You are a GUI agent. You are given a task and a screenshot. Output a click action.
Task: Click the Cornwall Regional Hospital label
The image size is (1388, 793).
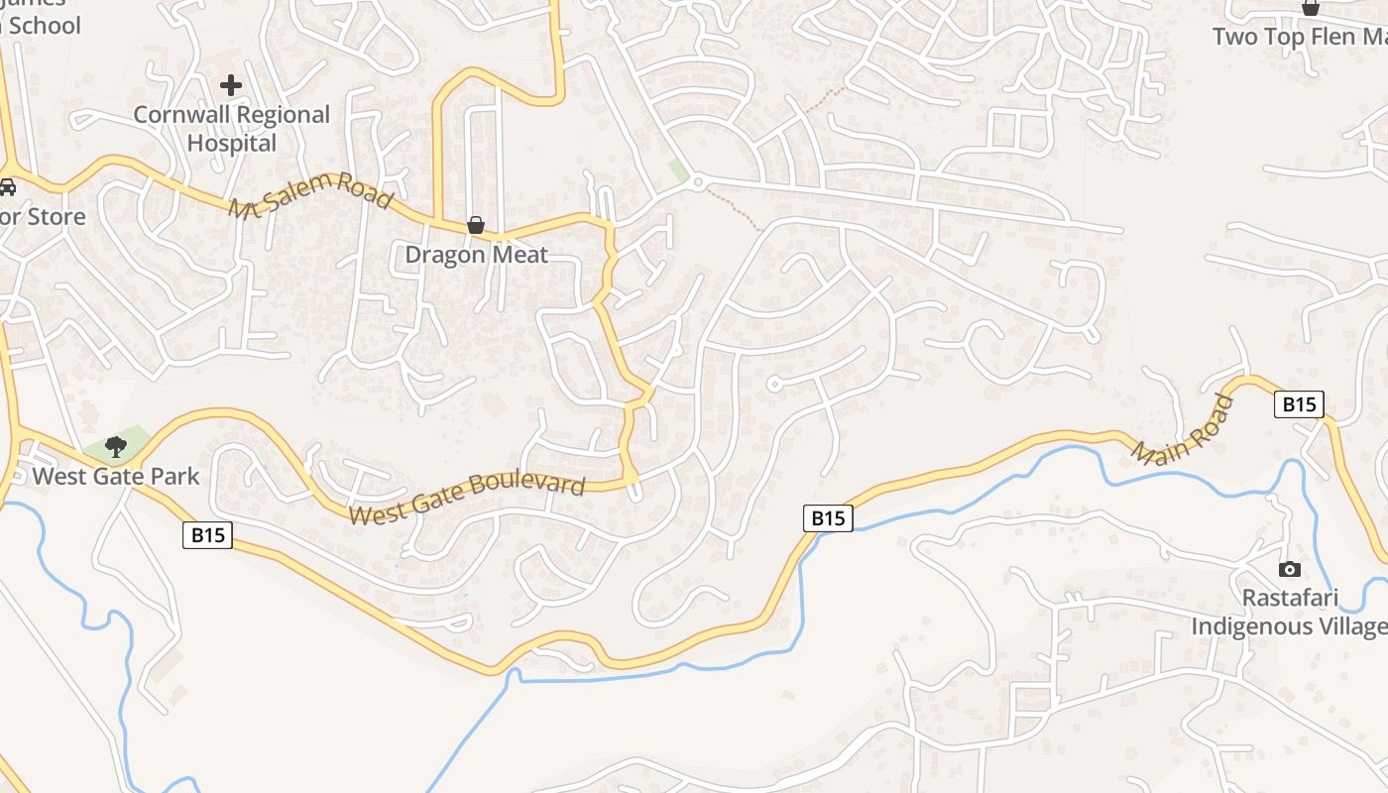pos(231,129)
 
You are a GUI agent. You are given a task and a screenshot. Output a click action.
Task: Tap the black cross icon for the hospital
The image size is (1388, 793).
pos(231,85)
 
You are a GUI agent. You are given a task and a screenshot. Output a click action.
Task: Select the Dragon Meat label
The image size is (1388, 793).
pos(476,255)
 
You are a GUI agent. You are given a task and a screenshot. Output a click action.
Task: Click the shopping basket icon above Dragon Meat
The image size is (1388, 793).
pos(476,225)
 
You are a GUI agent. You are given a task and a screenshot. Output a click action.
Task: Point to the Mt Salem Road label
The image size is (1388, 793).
pos(310,194)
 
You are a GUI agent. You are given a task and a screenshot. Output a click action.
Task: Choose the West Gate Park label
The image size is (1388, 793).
pos(115,477)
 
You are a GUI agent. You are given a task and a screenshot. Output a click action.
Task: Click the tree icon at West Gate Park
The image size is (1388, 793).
pos(116,446)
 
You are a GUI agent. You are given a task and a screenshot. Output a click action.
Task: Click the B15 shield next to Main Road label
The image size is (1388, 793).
pos(1299,404)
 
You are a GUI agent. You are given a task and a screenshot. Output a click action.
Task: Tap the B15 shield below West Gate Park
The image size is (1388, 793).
pos(207,535)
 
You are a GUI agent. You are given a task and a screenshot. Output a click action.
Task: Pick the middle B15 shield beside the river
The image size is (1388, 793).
pos(828,517)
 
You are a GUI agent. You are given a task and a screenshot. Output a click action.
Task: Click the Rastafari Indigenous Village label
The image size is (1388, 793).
pos(1289,613)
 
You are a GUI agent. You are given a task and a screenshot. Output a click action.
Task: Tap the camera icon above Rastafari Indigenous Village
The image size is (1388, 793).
pos(1289,569)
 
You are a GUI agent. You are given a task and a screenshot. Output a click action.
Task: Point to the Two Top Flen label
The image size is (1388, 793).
pos(1299,37)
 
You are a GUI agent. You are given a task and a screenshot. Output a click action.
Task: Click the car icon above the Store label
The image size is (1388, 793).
pos(7,186)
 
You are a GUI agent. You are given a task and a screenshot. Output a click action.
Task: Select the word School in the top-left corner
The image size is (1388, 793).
pos(44,26)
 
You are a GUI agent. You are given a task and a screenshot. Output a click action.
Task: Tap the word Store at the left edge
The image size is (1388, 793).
pos(50,216)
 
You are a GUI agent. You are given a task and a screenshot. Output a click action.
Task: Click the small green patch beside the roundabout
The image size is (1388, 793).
pos(678,170)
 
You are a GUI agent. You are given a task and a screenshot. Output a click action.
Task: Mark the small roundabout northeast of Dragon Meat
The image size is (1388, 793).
pos(698,182)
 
